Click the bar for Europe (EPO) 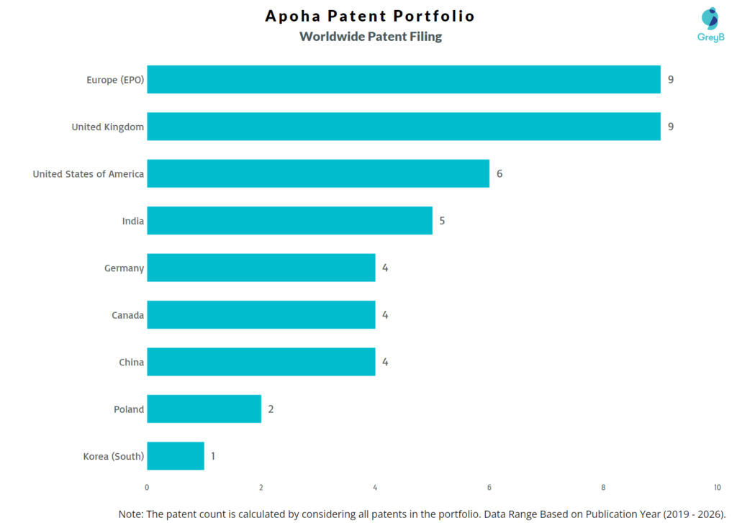point(403,79)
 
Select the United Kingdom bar point(403,127)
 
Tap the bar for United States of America point(318,173)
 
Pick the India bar point(289,221)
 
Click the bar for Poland point(204,409)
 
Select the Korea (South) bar point(176,456)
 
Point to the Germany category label point(124,268)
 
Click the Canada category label point(127,315)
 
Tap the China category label point(131,362)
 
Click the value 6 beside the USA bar point(499,173)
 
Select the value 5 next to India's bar point(442,221)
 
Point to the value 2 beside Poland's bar point(271,409)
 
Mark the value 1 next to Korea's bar point(213,456)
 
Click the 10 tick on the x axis point(717,488)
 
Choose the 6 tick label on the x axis point(489,488)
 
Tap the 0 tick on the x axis point(147,488)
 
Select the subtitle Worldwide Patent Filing point(371,37)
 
